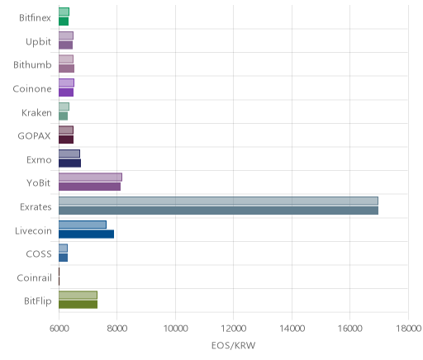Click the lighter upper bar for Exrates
(218, 201)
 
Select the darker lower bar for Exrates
(218, 211)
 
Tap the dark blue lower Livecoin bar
(86, 234)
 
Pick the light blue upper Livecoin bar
(83, 225)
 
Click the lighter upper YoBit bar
(90, 178)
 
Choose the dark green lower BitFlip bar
(78, 305)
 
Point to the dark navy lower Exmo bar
(69, 163)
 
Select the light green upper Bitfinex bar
(64, 12)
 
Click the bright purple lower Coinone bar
(66, 92)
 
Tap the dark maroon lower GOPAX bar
(66, 140)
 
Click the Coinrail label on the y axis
(34, 278)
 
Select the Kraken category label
(36, 112)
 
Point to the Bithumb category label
(32, 65)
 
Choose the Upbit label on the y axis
(38, 42)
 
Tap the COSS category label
(39, 253)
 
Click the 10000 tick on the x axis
(175, 329)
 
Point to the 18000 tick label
(408, 329)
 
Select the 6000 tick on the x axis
(59, 329)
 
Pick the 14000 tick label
(292, 329)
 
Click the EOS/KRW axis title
(234, 345)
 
